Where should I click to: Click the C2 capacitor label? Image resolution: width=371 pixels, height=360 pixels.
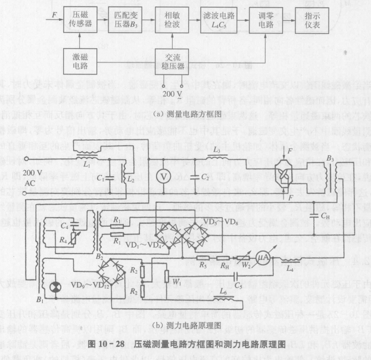click(205, 177)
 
